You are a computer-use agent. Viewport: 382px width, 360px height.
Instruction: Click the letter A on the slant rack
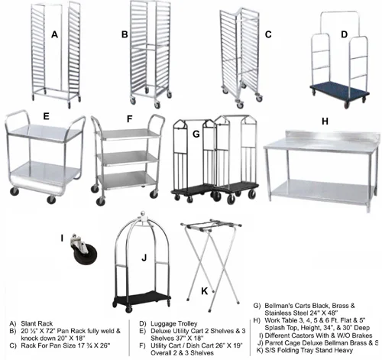point(54,34)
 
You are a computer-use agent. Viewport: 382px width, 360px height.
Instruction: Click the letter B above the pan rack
point(125,34)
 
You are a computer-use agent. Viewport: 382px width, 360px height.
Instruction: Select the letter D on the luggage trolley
point(343,34)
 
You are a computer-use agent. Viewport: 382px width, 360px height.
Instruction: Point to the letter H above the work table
point(325,122)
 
